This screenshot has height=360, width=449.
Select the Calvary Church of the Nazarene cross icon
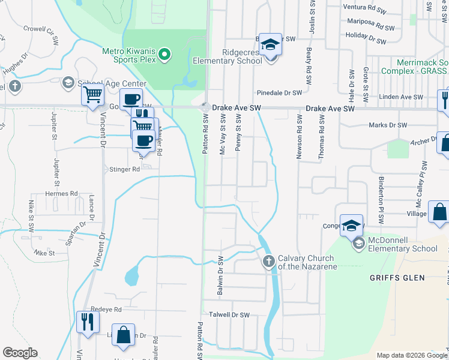pyautogui.click(x=268, y=261)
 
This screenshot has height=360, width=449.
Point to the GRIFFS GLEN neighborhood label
pyautogui.click(x=397, y=278)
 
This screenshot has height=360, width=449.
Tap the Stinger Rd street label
pyautogui.click(x=124, y=169)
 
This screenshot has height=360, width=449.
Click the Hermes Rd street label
pyautogui.click(x=62, y=194)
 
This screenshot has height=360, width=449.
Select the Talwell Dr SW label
pyautogui.click(x=229, y=314)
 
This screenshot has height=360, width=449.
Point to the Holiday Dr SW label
pyautogui.click(x=366, y=39)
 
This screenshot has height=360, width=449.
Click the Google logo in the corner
pyautogui.click(x=20, y=353)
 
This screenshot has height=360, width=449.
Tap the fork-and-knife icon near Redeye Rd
pyautogui.click(x=88, y=321)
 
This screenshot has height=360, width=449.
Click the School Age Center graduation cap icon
pyautogui.click(x=68, y=83)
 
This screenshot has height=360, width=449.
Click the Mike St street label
pyautogui.click(x=44, y=253)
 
